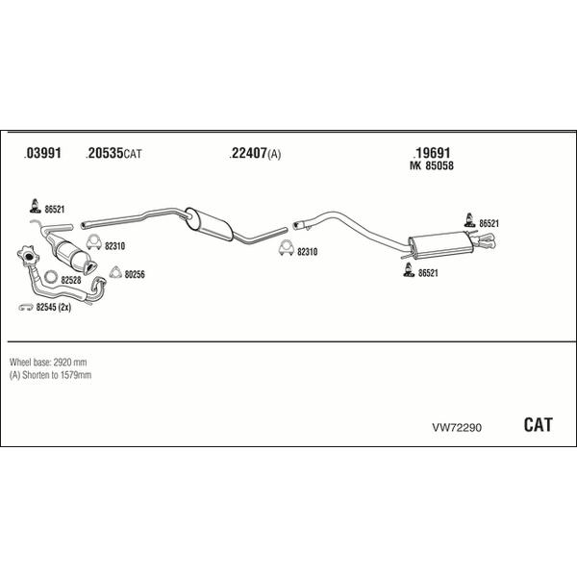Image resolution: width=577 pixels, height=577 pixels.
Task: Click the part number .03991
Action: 42,154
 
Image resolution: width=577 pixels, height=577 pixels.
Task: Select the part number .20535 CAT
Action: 114,154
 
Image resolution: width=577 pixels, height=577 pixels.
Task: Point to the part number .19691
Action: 433,153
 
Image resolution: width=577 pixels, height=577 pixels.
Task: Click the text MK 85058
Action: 432,166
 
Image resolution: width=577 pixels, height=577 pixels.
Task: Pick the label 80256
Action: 134,274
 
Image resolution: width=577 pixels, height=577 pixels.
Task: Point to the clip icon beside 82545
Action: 26,308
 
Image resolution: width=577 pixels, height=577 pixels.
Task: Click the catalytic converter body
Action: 73,253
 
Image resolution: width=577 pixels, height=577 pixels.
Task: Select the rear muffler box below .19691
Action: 438,246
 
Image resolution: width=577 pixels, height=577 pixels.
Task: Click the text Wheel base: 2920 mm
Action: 48,362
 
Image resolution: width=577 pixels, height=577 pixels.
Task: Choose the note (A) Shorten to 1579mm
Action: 50,374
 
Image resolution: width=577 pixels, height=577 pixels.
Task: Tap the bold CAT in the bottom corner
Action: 538,425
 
